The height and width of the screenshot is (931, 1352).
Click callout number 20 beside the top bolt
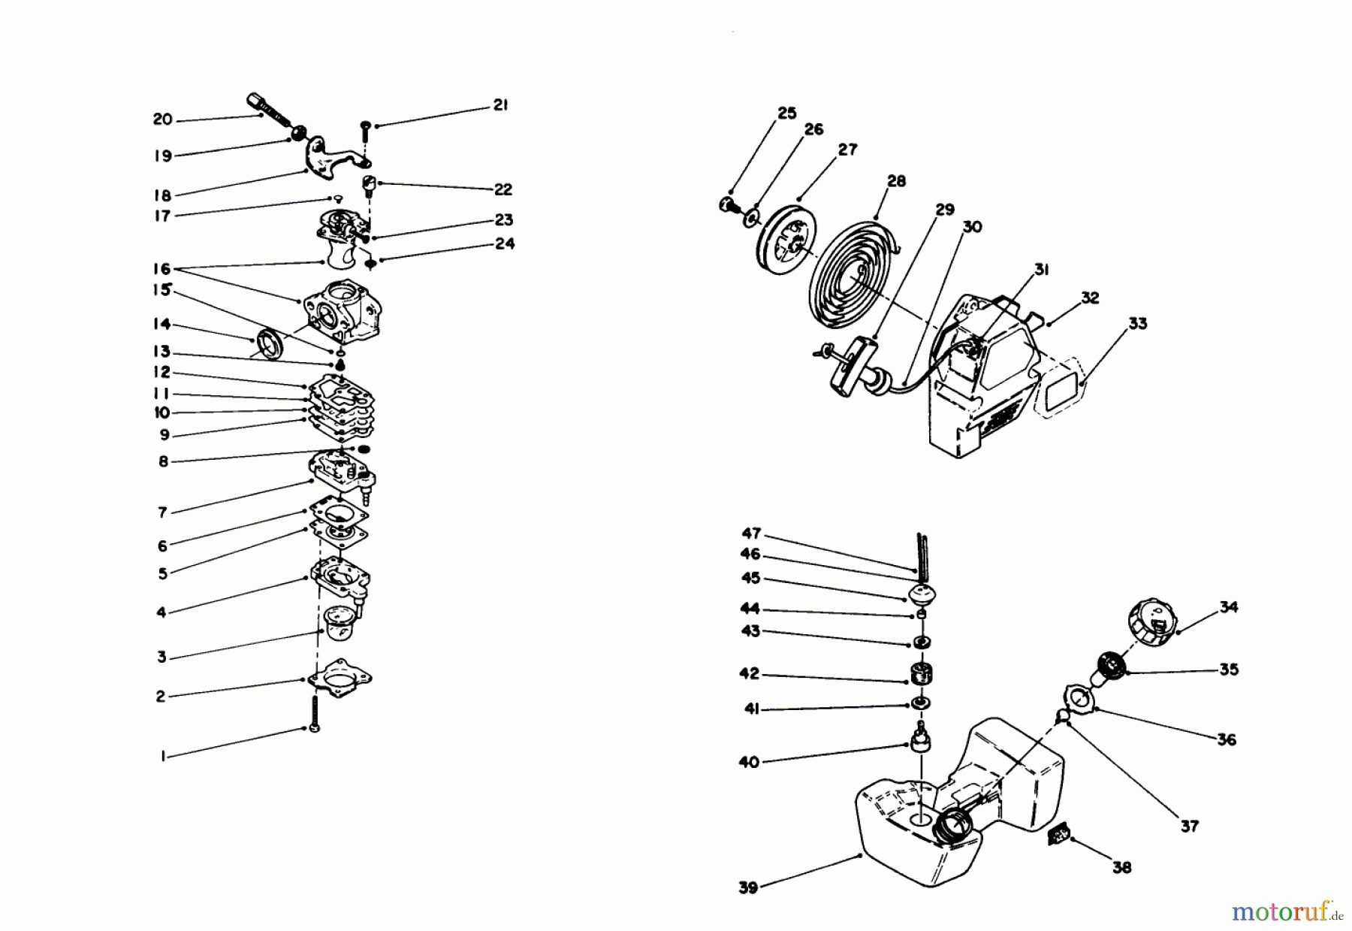[162, 119]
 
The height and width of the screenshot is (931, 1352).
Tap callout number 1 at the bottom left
[162, 757]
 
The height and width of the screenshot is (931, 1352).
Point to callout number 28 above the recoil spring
[896, 181]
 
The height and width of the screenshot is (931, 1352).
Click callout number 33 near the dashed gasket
[1138, 324]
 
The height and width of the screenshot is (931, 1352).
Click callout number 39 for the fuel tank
[747, 887]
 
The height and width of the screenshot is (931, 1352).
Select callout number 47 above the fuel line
[751, 534]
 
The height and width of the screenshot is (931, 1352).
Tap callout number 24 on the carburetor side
[505, 243]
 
